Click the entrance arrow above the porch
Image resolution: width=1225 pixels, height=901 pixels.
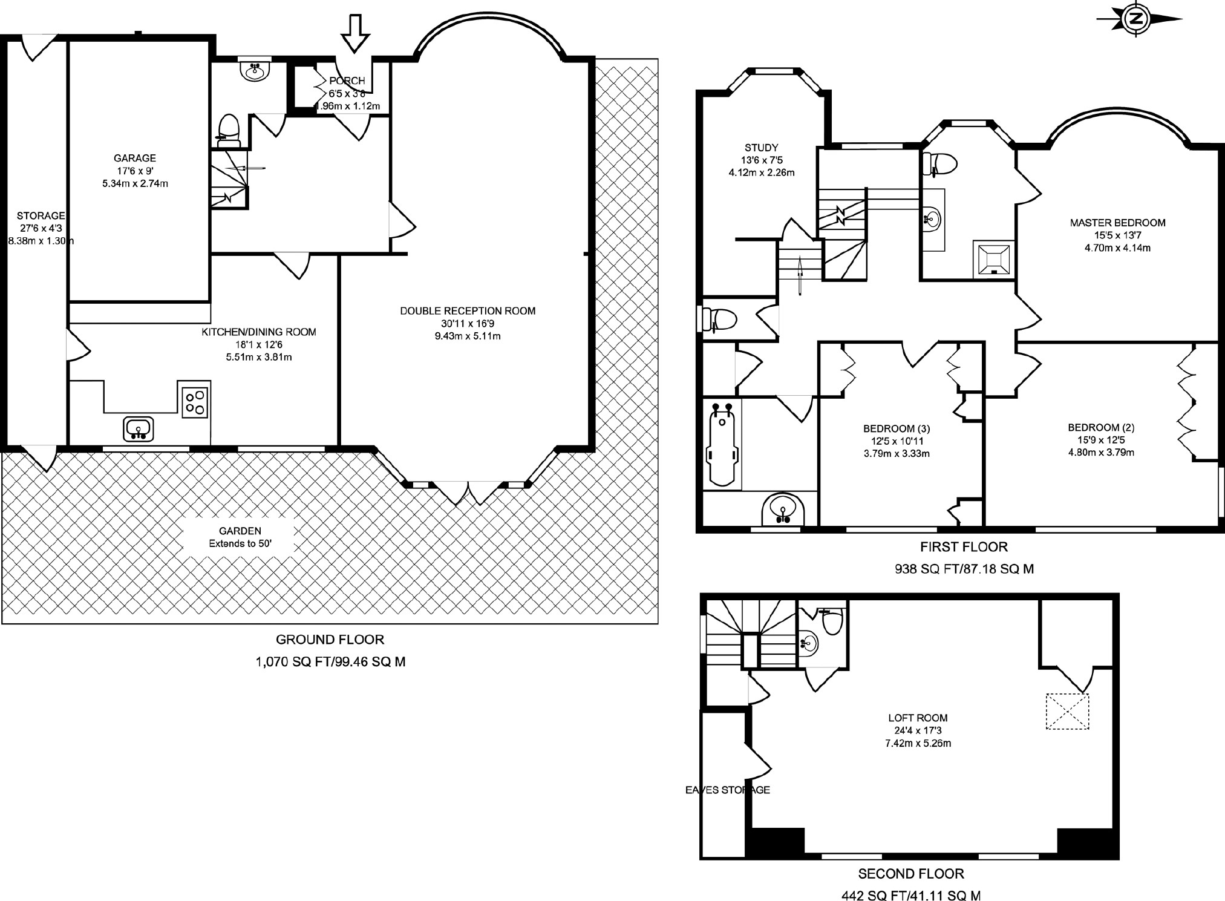click(x=355, y=34)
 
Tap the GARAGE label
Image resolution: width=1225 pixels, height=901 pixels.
click(x=135, y=159)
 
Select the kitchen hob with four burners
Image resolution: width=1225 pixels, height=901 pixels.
click(x=195, y=401)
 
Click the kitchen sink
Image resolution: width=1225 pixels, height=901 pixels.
click(x=139, y=428)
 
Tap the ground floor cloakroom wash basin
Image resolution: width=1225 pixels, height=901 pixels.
click(x=254, y=70)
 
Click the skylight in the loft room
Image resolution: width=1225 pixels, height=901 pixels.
click(x=1067, y=712)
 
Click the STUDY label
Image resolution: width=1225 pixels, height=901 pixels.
click(x=762, y=148)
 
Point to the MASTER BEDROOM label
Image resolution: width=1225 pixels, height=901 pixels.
click(x=1117, y=223)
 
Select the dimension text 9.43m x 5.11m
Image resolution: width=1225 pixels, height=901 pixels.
click(x=468, y=336)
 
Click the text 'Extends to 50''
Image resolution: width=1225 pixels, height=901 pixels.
click(x=240, y=543)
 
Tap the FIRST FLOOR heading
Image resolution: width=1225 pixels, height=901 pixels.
click(x=964, y=547)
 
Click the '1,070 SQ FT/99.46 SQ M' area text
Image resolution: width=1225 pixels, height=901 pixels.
click(x=331, y=662)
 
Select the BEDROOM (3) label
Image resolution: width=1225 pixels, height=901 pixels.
click(x=897, y=429)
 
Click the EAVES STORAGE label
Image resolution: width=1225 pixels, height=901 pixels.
click(x=728, y=790)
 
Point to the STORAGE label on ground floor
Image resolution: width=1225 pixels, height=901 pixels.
click(x=41, y=215)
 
